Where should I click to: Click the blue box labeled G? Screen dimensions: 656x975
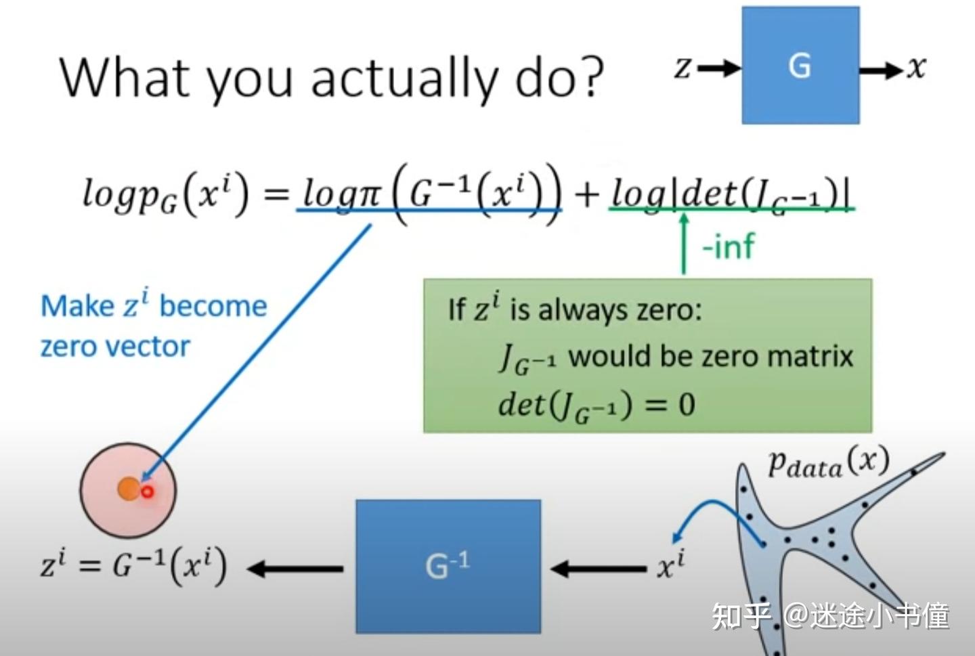pos(800,66)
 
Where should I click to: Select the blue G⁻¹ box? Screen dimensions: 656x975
pos(448,566)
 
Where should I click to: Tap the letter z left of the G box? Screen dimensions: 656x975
pos(684,68)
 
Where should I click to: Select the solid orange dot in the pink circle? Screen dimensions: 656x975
pos(127,488)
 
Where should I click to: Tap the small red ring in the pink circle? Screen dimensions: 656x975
pos(147,492)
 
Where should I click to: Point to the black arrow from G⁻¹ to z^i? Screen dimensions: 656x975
pos(295,568)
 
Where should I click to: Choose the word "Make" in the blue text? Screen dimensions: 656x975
pos(77,306)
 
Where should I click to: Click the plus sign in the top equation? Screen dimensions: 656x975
pos(586,194)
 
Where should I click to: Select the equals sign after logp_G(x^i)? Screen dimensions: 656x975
pos(275,195)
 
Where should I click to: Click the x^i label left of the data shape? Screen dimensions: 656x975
pos(670,565)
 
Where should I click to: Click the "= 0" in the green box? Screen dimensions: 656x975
pos(670,405)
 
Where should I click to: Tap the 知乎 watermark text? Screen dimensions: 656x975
pos(741,616)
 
